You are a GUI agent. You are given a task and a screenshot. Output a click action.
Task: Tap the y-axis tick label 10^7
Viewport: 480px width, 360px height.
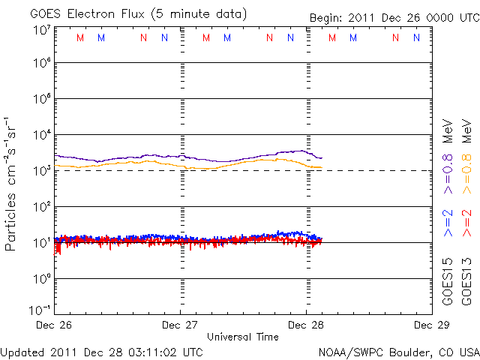pos(40,31)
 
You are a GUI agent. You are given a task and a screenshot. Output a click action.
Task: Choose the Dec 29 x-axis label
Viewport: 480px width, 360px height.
pos(429,325)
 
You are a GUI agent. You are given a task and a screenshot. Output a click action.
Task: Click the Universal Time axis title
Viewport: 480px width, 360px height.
pos(243,337)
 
